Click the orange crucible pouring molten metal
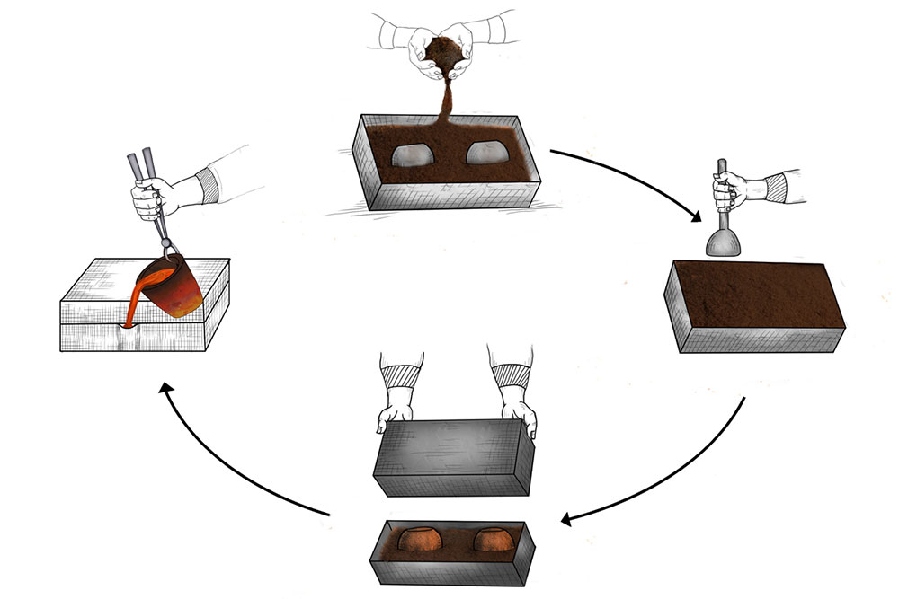pyautogui.click(x=175, y=286)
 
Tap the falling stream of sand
pyautogui.click(x=442, y=103)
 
